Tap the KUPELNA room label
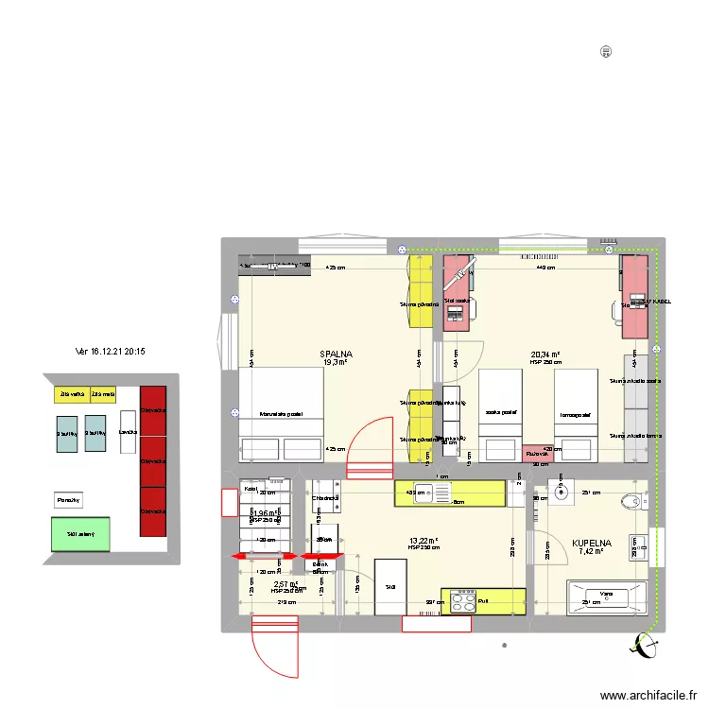(x=592, y=544)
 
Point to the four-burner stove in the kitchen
(x=463, y=600)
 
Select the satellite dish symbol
(x=648, y=647)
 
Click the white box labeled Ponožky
(x=68, y=499)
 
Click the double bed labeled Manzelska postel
(x=281, y=414)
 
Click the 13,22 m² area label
(x=424, y=540)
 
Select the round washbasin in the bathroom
(x=562, y=492)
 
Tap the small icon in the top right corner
(x=605, y=52)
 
